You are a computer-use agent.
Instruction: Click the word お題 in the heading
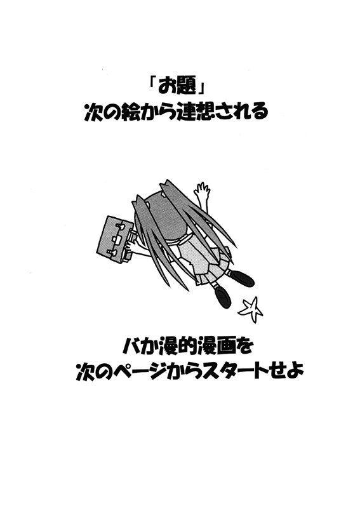click(x=177, y=86)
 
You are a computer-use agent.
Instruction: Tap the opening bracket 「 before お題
click(x=152, y=83)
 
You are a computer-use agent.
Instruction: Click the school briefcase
click(x=116, y=238)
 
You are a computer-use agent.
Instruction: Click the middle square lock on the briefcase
click(x=117, y=239)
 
